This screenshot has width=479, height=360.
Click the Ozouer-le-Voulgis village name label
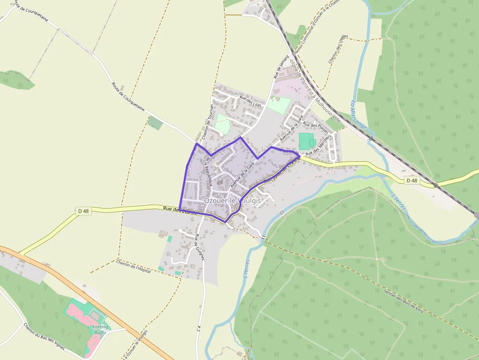232,200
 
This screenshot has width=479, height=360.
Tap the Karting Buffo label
99,330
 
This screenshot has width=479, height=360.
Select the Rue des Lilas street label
250,102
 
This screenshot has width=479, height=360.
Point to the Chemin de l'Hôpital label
133,267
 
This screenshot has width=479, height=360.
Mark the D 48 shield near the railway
412,181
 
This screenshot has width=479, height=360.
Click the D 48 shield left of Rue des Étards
83,211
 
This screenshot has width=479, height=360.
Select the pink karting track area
78,311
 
